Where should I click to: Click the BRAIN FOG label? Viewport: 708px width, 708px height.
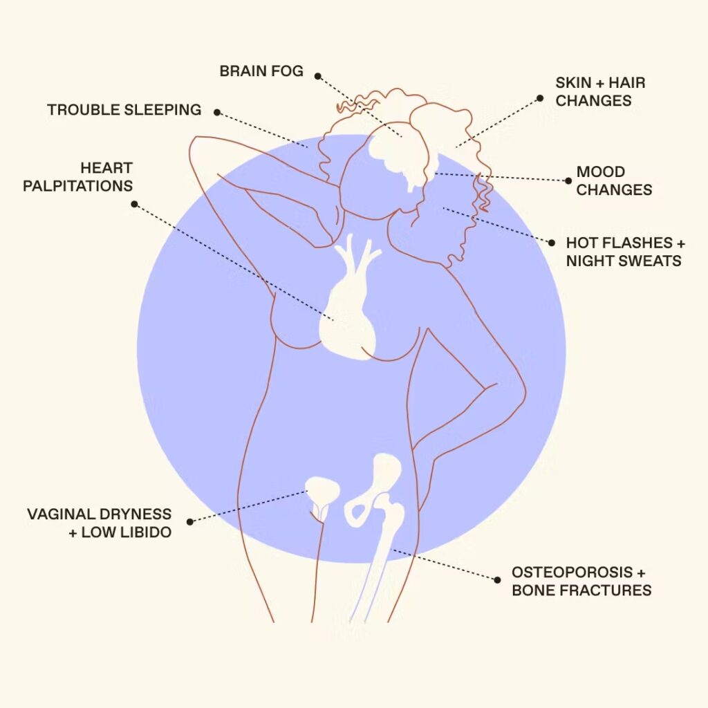pyautogui.click(x=261, y=71)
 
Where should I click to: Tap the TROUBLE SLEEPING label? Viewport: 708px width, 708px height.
pyautogui.click(x=124, y=110)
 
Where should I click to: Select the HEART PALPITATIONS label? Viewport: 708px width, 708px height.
pyautogui.click(x=77, y=177)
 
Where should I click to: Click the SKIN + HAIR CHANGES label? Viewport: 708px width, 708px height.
pyautogui.click(x=600, y=92)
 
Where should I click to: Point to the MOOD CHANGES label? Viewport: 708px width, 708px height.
pyautogui.click(x=614, y=180)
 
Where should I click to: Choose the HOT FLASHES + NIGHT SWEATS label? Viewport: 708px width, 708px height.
pyautogui.click(x=625, y=252)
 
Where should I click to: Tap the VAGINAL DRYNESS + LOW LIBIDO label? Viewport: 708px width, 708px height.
pyautogui.click(x=100, y=523)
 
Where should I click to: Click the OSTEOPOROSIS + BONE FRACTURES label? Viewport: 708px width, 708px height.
pyautogui.click(x=581, y=581)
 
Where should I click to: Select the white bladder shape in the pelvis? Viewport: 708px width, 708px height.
pyautogui.click(x=322, y=493)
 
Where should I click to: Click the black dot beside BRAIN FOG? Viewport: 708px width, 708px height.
pyautogui.click(x=318, y=76)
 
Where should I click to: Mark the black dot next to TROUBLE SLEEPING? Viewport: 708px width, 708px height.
pyautogui.click(x=217, y=112)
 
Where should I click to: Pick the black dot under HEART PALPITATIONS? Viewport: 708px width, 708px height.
pyautogui.click(x=134, y=204)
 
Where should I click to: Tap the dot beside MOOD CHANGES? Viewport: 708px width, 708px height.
pyautogui.click(x=568, y=180)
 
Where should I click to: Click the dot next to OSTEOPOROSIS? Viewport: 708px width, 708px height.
pyautogui.click(x=498, y=580)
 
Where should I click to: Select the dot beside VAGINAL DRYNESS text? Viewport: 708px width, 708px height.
pyautogui.click(x=190, y=521)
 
